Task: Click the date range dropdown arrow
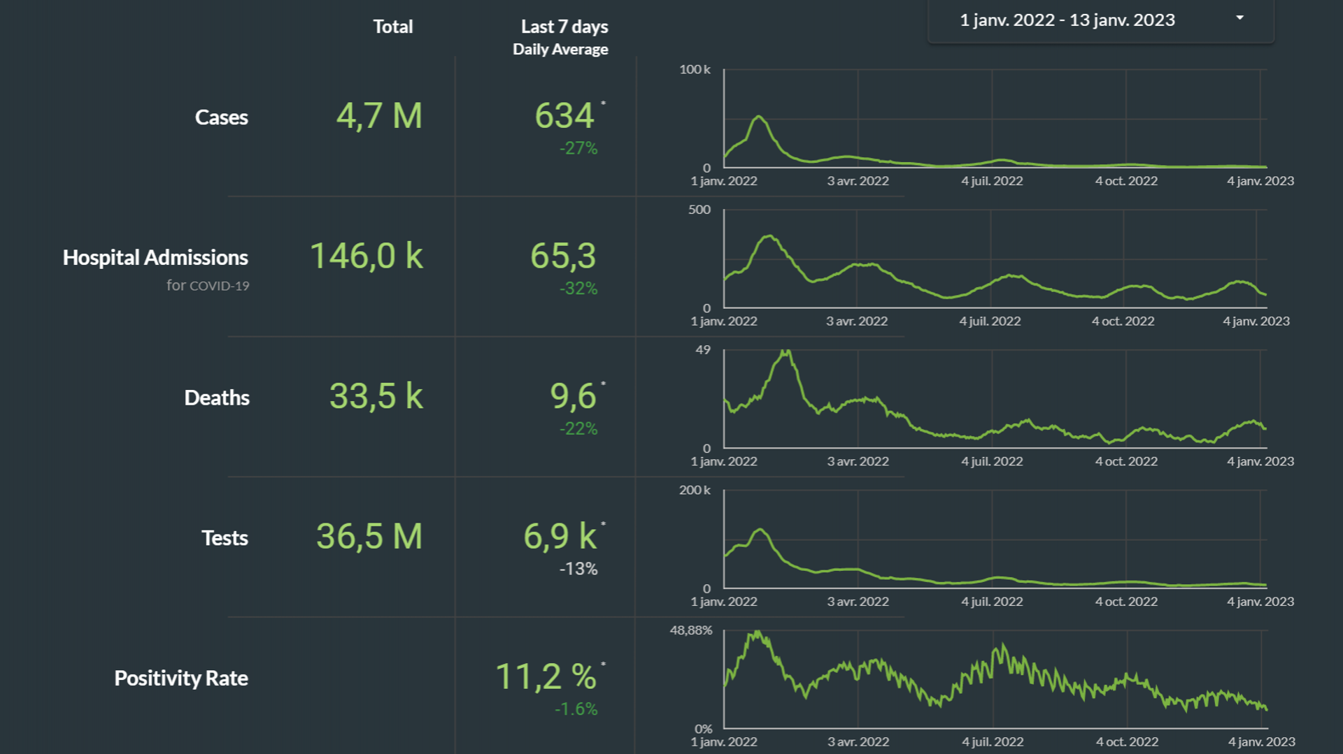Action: (1239, 18)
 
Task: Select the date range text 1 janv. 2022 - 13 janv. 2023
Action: (1067, 20)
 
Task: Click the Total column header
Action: (392, 27)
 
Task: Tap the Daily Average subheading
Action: (560, 50)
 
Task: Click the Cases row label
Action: (221, 117)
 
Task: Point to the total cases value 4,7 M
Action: (379, 116)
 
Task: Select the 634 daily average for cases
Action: (564, 116)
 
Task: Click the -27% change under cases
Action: (578, 148)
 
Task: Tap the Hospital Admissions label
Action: (155, 257)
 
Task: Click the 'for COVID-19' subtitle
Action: (208, 285)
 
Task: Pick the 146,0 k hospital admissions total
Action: (366, 256)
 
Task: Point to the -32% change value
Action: (578, 289)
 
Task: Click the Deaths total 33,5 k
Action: (376, 396)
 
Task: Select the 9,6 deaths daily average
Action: (573, 396)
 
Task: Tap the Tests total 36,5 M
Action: (369, 537)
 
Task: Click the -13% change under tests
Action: (578, 569)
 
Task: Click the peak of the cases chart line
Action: (758, 117)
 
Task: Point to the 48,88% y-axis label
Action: (691, 630)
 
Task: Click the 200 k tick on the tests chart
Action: (695, 490)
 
